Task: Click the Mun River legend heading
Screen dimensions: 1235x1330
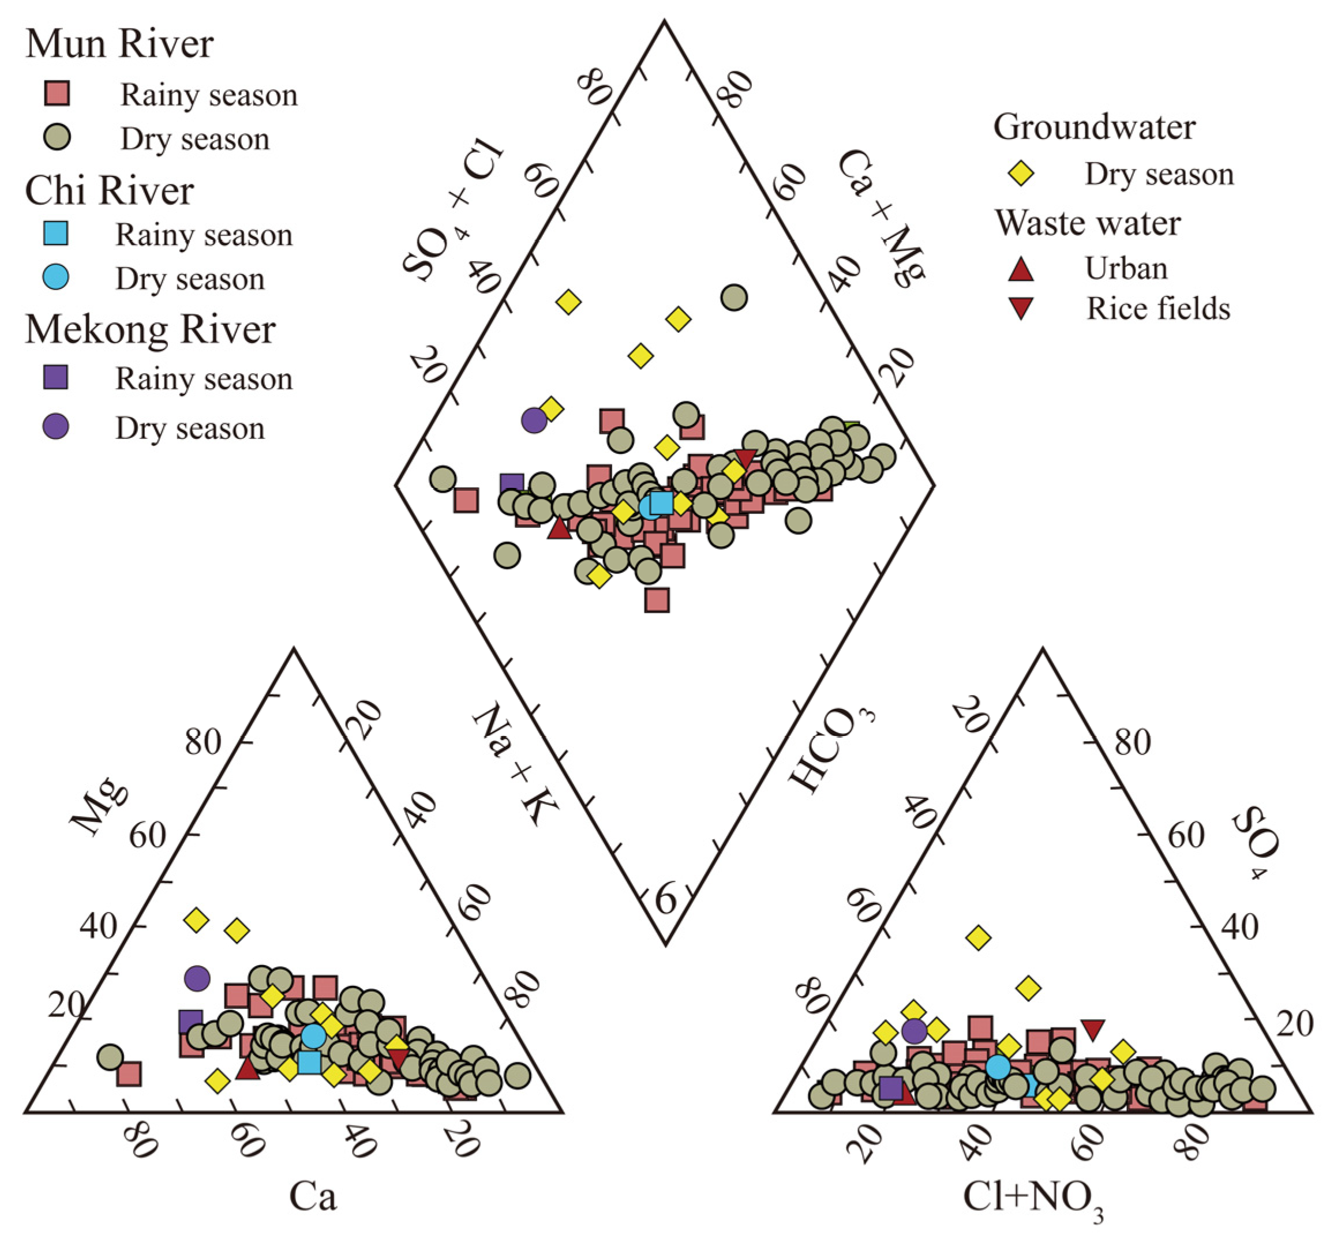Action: coord(119,45)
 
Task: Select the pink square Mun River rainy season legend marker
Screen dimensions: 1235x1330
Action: coord(57,93)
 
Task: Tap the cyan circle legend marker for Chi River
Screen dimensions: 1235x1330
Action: coord(55,277)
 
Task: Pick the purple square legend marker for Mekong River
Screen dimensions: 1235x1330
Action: coord(55,378)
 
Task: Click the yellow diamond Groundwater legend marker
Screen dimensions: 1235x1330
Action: coord(1021,174)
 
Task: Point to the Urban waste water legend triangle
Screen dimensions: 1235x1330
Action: coord(1021,269)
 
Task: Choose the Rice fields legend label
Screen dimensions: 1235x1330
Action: coord(1157,309)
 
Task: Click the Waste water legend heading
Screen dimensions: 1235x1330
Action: coord(1088,223)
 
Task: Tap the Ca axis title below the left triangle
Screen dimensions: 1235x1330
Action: coord(312,1196)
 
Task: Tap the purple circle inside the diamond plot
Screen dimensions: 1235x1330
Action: coord(533,421)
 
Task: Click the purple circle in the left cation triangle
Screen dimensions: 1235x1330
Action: coord(197,978)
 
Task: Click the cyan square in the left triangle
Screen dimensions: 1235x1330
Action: coord(309,1062)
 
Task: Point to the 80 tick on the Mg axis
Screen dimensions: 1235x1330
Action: coord(203,742)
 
